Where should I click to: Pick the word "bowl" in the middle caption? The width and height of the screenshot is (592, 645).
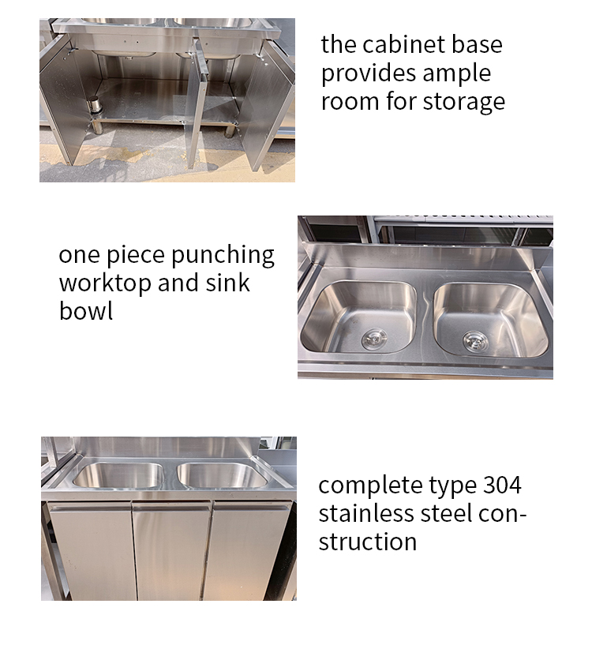pos(85,311)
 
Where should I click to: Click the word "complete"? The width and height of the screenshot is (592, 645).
pos(369,486)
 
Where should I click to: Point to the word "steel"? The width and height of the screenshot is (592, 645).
pos(448,513)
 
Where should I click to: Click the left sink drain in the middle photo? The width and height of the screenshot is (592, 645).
pos(373,339)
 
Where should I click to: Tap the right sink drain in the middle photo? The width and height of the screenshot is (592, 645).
pos(475,341)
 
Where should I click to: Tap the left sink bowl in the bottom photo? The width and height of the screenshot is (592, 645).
pos(118,475)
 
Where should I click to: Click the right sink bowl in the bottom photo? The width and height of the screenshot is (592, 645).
pos(222,475)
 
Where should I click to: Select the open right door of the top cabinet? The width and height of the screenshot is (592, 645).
pos(268,107)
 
